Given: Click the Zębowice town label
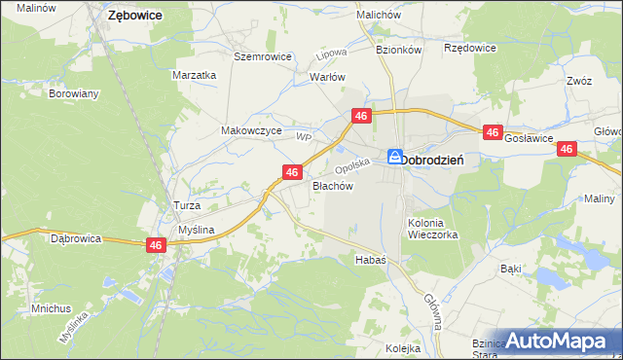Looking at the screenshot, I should pyautogui.click(x=134, y=16).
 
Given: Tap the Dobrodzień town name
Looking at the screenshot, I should pyautogui.click(x=438, y=159).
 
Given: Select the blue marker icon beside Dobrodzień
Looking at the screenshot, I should pyautogui.click(x=395, y=157).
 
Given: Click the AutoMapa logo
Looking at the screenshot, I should pyautogui.click(x=554, y=341).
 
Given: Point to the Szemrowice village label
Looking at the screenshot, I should pyautogui.click(x=263, y=56).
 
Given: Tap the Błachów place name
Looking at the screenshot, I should pyautogui.click(x=331, y=185).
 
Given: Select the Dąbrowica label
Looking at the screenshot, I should pyautogui.click(x=77, y=237).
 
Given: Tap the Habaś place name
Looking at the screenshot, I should pyautogui.click(x=371, y=260).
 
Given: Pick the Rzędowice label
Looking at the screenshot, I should pyautogui.click(x=469, y=48).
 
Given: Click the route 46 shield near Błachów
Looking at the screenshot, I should pyautogui.click(x=291, y=172).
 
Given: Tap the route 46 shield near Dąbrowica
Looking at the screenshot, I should pyautogui.click(x=156, y=246).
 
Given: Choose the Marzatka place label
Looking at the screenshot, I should pyautogui.click(x=193, y=75).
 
